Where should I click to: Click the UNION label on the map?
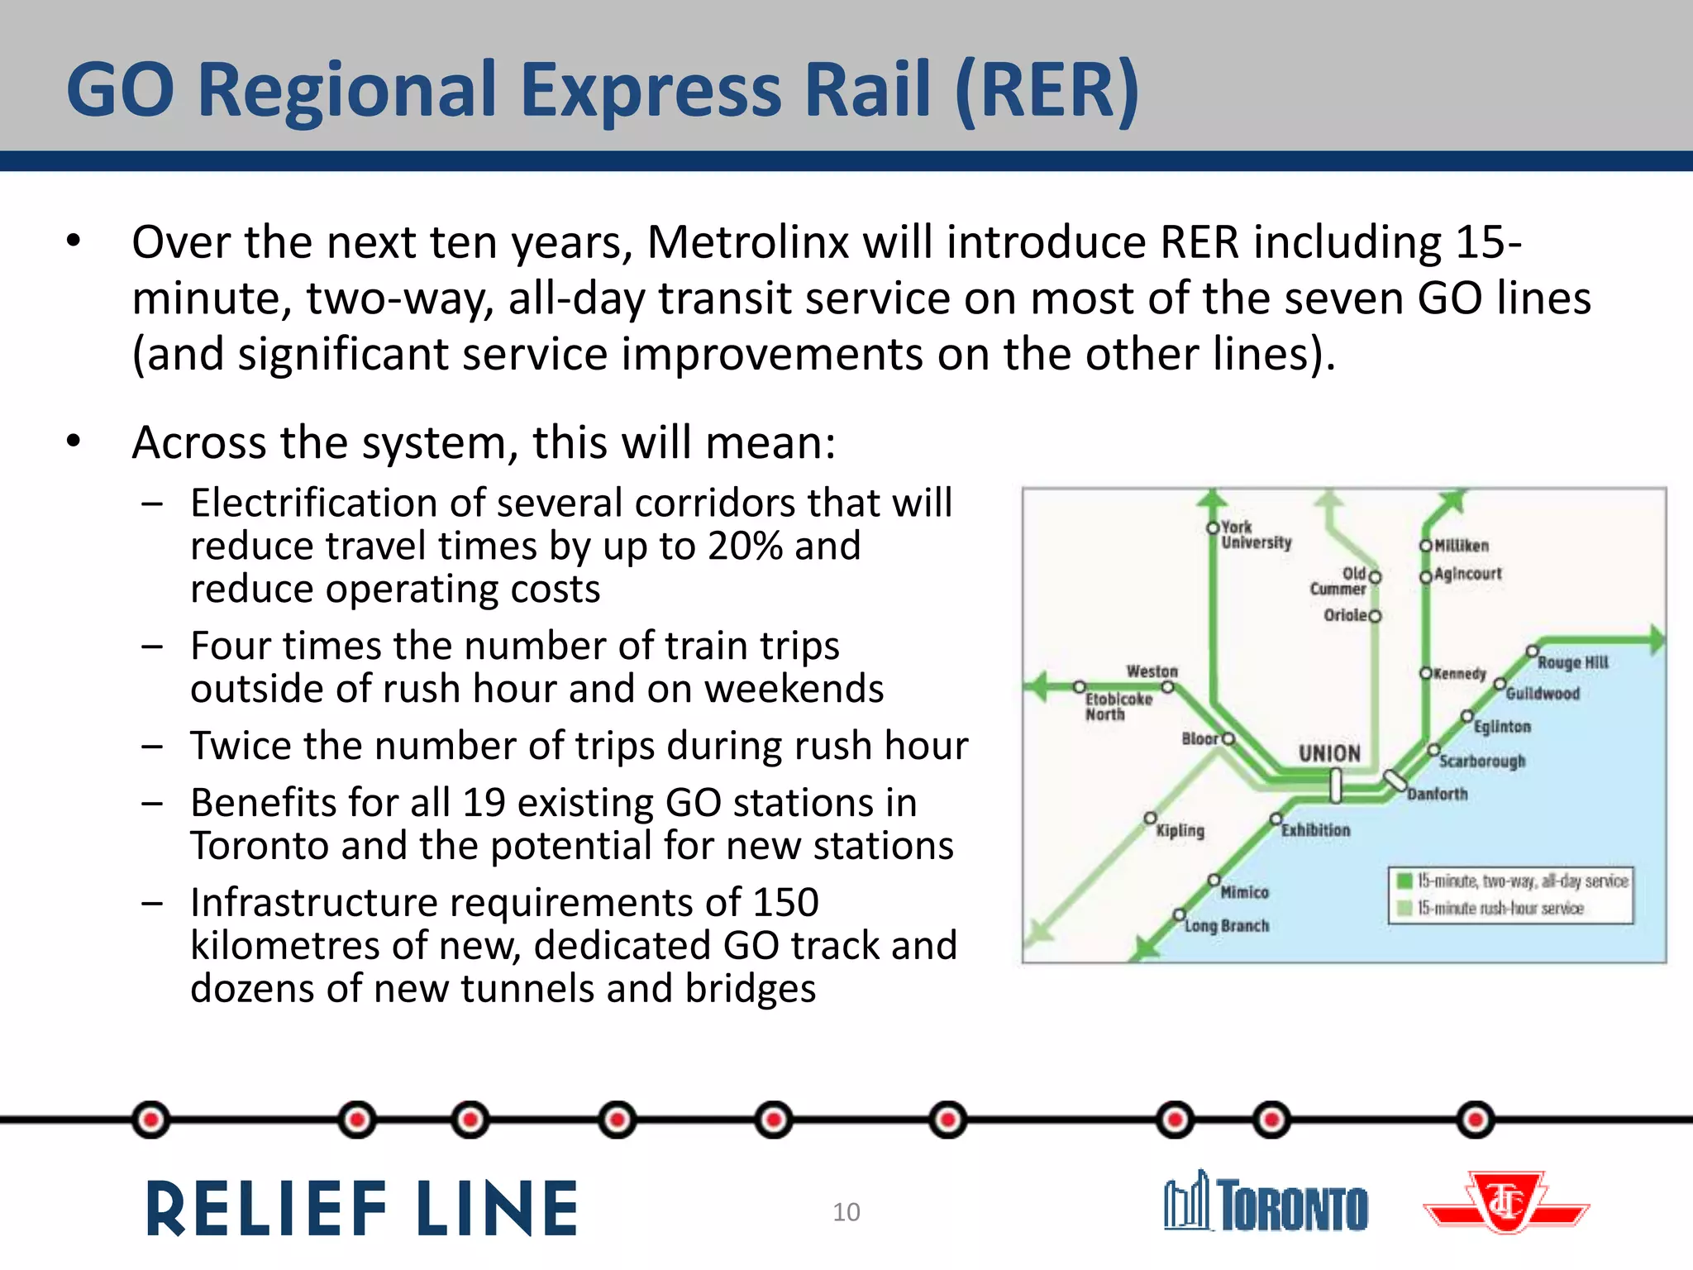click(x=1329, y=753)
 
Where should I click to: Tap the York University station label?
click(x=1256, y=535)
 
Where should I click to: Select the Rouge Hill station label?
click(x=1572, y=662)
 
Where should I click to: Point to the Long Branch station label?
click(x=1226, y=925)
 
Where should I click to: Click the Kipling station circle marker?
click(x=1150, y=818)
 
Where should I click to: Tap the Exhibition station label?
click(x=1315, y=829)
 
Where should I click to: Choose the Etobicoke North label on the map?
click(x=1118, y=706)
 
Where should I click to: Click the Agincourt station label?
click(x=1467, y=573)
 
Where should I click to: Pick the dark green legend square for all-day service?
click(x=1404, y=881)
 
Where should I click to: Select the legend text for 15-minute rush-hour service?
click(x=1500, y=908)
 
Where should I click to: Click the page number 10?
click(x=846, y=1212)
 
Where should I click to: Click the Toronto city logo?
click(x=1266, y=1203)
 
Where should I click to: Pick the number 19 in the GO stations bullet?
click(x=484, y=803)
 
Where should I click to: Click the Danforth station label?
click(x=1437, y=794)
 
